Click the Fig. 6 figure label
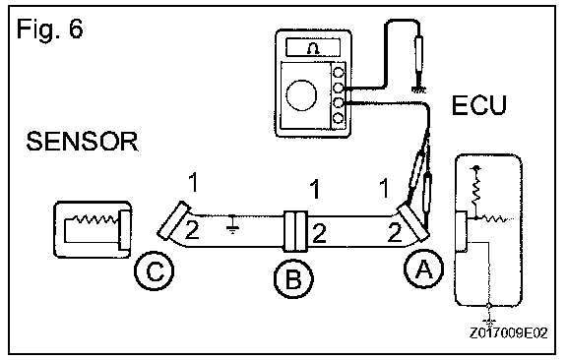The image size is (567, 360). point(50,29)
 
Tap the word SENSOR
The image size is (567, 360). point(82,142)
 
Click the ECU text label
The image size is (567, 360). point(479,105)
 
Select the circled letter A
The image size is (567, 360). point(423,270)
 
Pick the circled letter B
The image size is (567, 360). point(293,278)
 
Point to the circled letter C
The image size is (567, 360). point(155,271)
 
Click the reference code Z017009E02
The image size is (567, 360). point(509,332)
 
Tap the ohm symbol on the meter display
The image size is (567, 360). point(313,48)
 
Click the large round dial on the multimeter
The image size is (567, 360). point(301,95)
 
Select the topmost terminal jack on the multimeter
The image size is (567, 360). point(338,73)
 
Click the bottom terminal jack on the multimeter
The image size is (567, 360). point(338,118)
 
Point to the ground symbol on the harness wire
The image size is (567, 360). point(232,225)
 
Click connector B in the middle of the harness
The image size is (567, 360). point(295,231)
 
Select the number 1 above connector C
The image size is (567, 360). point(194,182)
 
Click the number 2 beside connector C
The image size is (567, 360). point(192,230)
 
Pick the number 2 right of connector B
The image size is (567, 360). point(319,233)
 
